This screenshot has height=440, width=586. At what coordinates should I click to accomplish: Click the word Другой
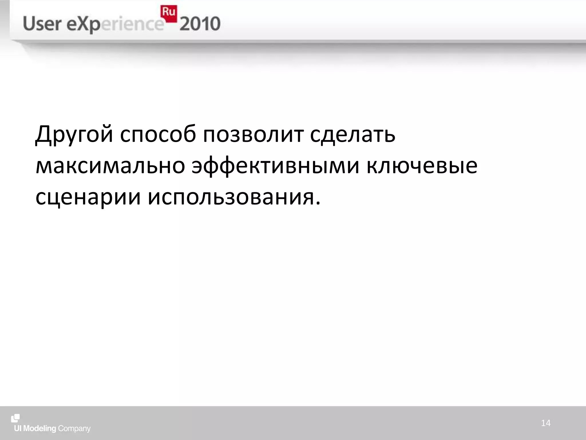coord(74,134)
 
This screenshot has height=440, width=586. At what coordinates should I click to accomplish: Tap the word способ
coord(158,134)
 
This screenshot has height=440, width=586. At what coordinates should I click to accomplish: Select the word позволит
coord(253,134)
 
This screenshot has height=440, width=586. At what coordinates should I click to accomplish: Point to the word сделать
coord(353,134)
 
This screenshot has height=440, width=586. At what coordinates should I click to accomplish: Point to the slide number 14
coord(546,423)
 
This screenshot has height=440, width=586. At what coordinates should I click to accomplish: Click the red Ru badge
coord(168,13)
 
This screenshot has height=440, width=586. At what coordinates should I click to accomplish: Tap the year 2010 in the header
coord(200,24)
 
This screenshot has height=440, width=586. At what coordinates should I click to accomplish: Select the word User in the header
coord(42,24)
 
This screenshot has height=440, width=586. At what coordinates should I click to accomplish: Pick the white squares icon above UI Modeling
coord(15,418)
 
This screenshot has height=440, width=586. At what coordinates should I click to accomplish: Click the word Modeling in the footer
coord(39,429)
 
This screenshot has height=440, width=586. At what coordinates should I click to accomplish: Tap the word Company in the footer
coord(74,429)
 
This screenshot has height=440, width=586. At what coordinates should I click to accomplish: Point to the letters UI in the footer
coord(18,429)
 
